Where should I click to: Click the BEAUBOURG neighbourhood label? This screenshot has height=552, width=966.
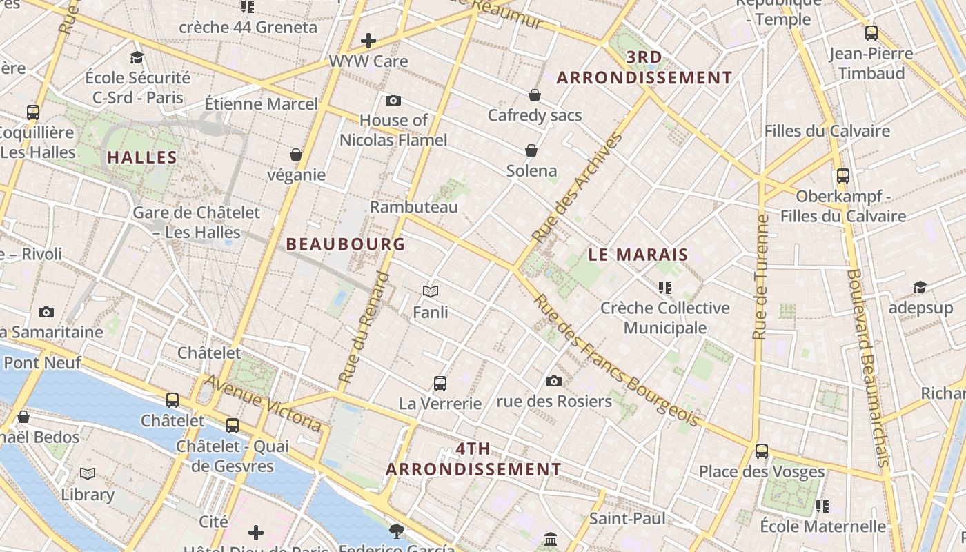coord(345,244)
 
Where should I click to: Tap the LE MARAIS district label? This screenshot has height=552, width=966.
coord(638,255)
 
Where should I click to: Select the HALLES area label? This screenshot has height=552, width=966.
coord(143,157)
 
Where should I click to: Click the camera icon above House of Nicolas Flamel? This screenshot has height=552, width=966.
coord(393,101)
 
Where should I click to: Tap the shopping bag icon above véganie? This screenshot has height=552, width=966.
coord(296,155)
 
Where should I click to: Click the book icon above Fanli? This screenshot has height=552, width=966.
coord(431,292)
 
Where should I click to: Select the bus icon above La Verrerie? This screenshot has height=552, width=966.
coord(440,384)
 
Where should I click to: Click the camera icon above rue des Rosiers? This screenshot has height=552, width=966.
coord(553,381)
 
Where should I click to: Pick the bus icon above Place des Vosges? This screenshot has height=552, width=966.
coord(762,451)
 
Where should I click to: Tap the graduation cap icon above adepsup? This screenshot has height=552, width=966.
coord(920,288)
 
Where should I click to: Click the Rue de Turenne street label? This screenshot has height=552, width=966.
coord(760,277)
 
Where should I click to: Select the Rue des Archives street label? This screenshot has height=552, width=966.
coord(578,187)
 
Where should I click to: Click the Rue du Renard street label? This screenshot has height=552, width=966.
coord(364,328)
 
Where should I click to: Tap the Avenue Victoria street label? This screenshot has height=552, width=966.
coord(264,403)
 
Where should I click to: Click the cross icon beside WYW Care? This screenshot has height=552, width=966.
coord(368,41)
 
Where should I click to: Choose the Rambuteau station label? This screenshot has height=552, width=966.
coord(414,207)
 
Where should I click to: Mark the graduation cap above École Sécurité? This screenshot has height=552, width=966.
coord(137,57)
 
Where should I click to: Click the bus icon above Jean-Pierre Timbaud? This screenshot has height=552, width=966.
coord(871,33)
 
